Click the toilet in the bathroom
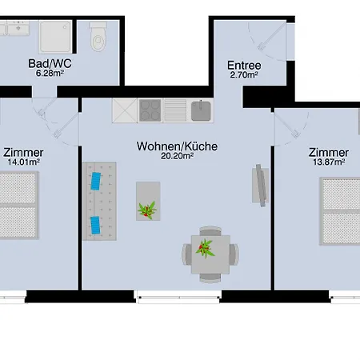[98, 35]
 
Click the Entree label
[243, 65]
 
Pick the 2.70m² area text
[243, 75]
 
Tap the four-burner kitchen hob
[150, 109]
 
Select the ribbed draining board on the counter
[175, 109]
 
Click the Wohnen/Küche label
[177, 146]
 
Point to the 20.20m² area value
[177, 157]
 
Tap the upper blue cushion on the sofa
[98, 181]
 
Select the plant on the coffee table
[147, 210]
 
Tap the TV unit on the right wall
[261, 185]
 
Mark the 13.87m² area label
[329, 163]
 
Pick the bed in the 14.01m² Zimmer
[18, 205]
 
